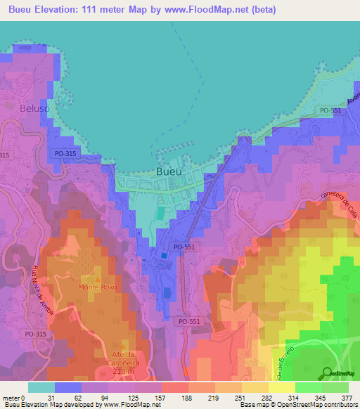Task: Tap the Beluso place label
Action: click(19, 111)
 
